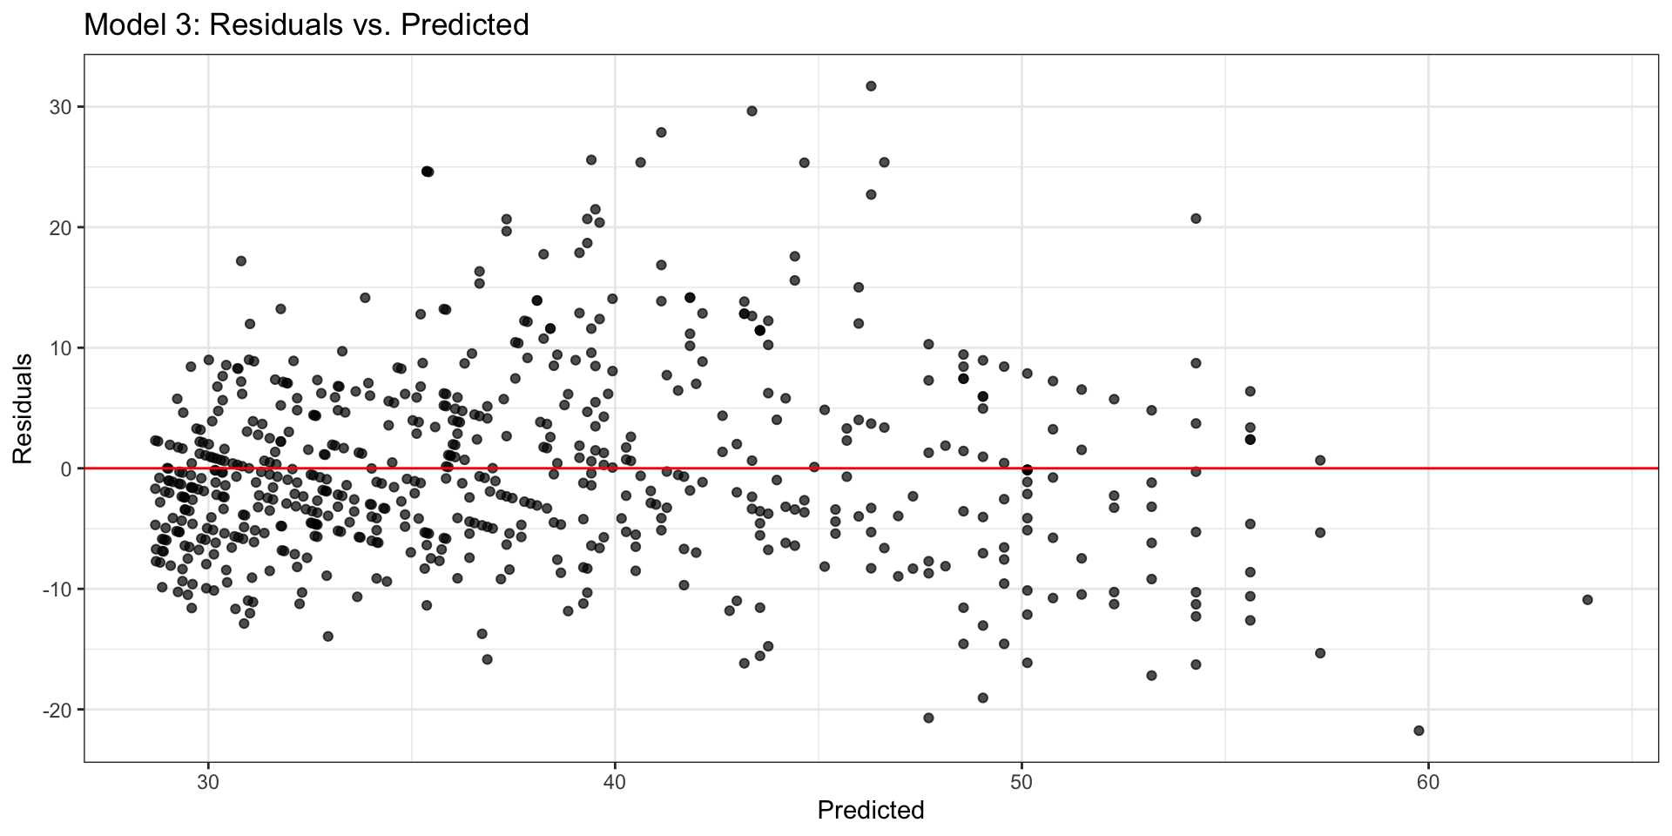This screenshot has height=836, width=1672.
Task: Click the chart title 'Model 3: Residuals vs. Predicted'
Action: click(x=306, y=25)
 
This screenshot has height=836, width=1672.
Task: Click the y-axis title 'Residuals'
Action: click(x=23, y=408)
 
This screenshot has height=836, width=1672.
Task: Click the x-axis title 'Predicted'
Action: click(x=870, y=811)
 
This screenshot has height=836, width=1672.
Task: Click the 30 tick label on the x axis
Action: click(x=208, y=782)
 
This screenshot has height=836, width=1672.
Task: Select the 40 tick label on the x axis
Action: click(x=615, y=782)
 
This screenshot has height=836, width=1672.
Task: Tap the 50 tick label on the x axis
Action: click(x=1021, y=782)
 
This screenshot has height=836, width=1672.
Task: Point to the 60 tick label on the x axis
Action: click(x=1428, y=782)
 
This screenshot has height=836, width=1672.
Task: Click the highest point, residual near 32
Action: click(x=871, y=86)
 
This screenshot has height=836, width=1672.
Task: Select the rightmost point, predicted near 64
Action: click(x=1588, y=599)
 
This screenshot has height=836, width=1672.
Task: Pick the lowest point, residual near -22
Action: click(x=1419, y=731)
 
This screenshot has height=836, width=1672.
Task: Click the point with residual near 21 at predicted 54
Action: click(x=1196, y=219)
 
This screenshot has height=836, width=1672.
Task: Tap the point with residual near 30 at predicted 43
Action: click(x=752, y=111)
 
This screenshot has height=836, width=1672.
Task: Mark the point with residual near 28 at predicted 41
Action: click(x=661, y=132)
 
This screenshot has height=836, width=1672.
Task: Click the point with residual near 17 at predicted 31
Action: click(x=241, y=260)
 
